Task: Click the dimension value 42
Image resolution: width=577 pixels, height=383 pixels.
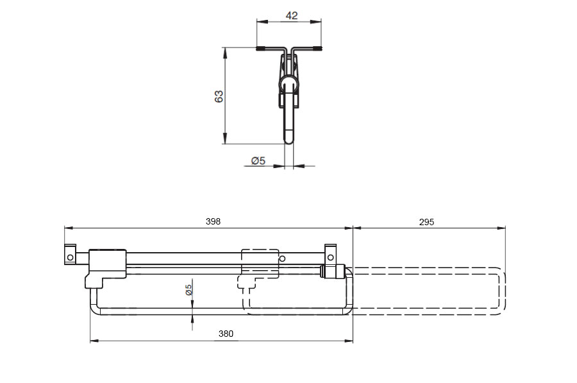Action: click(292, 15)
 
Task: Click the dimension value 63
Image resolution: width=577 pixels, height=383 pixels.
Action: click(219, 96)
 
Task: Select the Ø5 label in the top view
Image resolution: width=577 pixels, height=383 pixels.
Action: click(258, 160)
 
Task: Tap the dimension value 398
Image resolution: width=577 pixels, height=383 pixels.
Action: click(213, 221)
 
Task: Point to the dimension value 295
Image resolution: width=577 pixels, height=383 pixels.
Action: click(426, 222)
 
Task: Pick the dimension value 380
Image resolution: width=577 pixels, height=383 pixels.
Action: click(226, 334)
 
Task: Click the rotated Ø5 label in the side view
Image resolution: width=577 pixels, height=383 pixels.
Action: click(188, 290)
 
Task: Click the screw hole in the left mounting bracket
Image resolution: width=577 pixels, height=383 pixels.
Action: click(70, 257)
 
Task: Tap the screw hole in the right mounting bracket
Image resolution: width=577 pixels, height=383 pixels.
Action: click(330, 257)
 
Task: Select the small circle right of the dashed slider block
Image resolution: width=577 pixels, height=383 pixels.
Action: click(282, 259)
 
